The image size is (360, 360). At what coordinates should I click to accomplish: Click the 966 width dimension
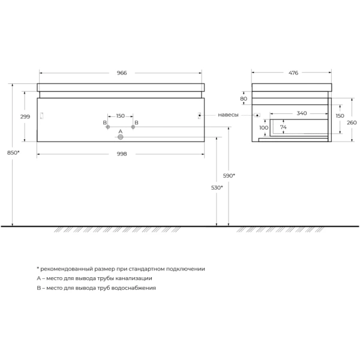pos(121,73)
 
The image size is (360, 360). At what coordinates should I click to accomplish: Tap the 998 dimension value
pos(121,154)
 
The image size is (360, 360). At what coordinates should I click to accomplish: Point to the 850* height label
pos(13,152)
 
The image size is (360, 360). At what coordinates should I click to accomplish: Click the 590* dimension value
pos(229,175)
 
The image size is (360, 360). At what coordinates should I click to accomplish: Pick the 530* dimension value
pos(217,188)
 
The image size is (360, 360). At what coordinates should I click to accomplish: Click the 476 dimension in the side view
pos(293,73)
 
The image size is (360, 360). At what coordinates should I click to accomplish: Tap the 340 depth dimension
pos(301,113)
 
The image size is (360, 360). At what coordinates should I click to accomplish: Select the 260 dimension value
pos(351,122)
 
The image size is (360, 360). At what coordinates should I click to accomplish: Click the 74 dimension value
pos(283,128)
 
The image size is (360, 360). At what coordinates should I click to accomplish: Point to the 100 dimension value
pos(263,128)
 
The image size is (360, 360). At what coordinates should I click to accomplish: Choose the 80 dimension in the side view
pos(244,99)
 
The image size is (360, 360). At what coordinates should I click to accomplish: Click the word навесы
pos(228,114)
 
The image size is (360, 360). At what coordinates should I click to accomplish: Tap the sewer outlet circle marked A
pos(120,137)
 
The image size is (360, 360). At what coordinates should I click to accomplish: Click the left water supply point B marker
pos(107,127)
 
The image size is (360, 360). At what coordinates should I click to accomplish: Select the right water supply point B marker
pos(133,127)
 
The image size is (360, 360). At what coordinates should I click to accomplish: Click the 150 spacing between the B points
pos(120,115)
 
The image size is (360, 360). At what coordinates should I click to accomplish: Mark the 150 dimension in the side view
pos(340,115)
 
